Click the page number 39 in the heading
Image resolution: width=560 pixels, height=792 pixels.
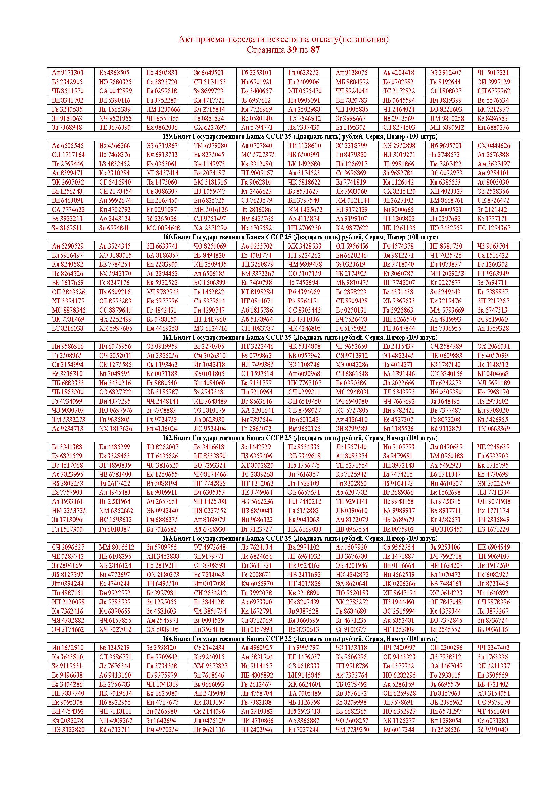pyautogui.click(x=292, y=50)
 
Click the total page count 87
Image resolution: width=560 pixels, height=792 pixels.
pyautogui.click(x=315, y=50)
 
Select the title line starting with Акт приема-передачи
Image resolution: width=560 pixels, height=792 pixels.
pyautogui.click(x=283, y=39)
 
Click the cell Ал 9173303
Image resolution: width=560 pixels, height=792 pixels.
pyautogui.click(x=68, y=73)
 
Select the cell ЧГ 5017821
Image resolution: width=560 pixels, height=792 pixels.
pyautogui.click(x=493, y=73)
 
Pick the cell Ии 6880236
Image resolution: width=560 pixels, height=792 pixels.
pyautogui.click(x=493, y=127)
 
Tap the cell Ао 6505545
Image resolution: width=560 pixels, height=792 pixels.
pyautogui.click(x=68, y=146)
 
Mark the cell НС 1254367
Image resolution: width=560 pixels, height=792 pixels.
pyautogui.click(x=493, y=228)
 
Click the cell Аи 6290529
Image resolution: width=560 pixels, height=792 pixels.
pyautogui.click(x=68, y=246)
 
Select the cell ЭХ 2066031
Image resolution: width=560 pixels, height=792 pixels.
pyautogui.click(x=493, y=346)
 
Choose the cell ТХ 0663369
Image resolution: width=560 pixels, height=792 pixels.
pyautogui.click(x=493, y=428)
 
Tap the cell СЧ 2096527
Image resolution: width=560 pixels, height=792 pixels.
pyautogui.click(x=68, y=547)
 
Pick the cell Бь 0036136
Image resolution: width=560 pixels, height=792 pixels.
pyautogui.click(x=493, y=629)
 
